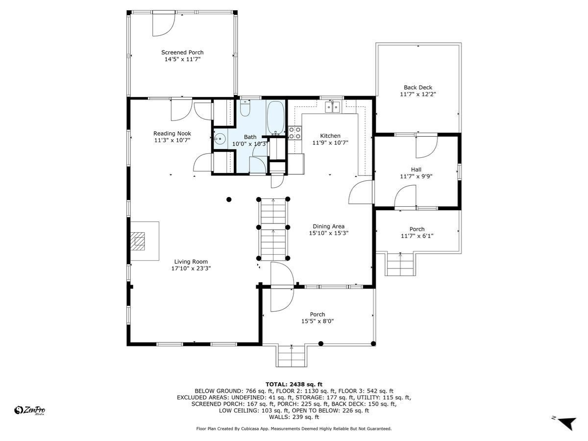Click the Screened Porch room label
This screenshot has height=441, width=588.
(x=182, y=52)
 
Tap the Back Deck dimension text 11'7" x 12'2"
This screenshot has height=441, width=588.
(x=418, y=94)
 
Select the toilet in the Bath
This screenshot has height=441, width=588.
(x=245, y=108)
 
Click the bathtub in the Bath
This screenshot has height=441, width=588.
(x=275, y=118)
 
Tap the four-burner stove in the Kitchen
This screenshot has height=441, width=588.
(x=294, y=133)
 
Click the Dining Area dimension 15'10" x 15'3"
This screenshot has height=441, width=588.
(x=328, y=233)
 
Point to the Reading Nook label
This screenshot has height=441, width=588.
(x=172, y=133)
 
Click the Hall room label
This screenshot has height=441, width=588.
(x=416, y=170)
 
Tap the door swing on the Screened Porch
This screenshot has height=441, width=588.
(x=163, y=24)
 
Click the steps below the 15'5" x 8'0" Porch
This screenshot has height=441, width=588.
(x=292, y=356)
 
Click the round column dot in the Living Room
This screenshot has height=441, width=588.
(x=228, y=199)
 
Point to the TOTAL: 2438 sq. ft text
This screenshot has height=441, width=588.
(x=294, y=384)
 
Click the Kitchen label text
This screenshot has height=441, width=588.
(x=330, y=136)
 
